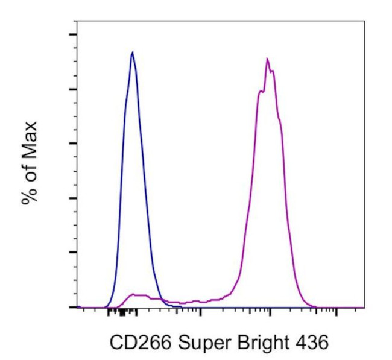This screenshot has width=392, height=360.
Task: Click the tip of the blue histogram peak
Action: pyautogui.click(x=132, y=52)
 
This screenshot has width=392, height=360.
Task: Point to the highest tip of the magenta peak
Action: pyautogui.click(x=267, y=58)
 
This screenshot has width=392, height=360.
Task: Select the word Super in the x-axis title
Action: pyautogui.click(x=198, y=344)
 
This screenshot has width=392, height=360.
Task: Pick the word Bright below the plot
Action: pyautogui.click(x=258, y=344)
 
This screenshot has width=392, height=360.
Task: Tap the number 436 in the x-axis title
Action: pyautogui.click(x=310, y=343)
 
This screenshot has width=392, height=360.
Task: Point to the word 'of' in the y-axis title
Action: pyautogui.click(x=30, y=172)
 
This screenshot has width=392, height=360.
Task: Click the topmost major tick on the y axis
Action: pyautogui.click(x=72, y=34)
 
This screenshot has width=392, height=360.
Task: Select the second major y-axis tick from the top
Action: pyautogui.click(x=72, y=89)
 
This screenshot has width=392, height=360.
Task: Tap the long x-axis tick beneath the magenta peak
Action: pyautogui.click(x=271, y=311)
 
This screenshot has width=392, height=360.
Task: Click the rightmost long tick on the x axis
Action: pyautogui.click(x=336, y=311)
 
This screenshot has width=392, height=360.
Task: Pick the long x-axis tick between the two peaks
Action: pyautogui.click(x=200, y=311)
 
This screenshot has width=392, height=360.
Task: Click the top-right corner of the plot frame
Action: pyautogui.click(x=364, y=21)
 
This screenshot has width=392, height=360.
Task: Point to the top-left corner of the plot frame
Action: pyautogui.click(x=77, y=21)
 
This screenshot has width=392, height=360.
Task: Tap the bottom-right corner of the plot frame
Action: pyautogui.click(x=364, y=308)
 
